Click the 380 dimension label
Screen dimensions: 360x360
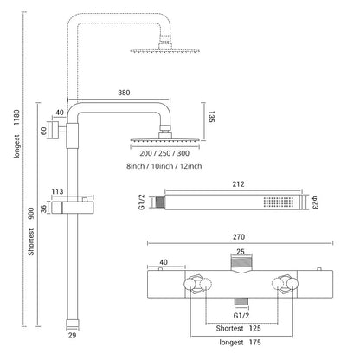124,93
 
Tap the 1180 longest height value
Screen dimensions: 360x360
17,118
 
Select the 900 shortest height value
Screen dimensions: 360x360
31,213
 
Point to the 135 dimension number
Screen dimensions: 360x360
211,117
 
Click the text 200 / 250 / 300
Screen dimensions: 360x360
164,153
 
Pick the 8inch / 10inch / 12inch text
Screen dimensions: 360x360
164,166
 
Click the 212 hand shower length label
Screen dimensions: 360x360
238,184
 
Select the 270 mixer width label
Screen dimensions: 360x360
239,237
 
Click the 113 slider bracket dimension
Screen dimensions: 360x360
57,191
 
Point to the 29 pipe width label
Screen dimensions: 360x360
72,336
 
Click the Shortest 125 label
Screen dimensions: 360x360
239,328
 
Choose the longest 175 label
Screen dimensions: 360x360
240,343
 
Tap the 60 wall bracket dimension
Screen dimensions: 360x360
43,131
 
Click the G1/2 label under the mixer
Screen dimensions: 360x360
241,316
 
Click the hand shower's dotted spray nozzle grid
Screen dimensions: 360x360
279,202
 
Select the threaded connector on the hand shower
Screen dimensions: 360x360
159,202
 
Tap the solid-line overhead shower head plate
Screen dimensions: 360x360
164,140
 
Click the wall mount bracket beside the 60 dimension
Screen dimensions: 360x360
55,131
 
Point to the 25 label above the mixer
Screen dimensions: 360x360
241,252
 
